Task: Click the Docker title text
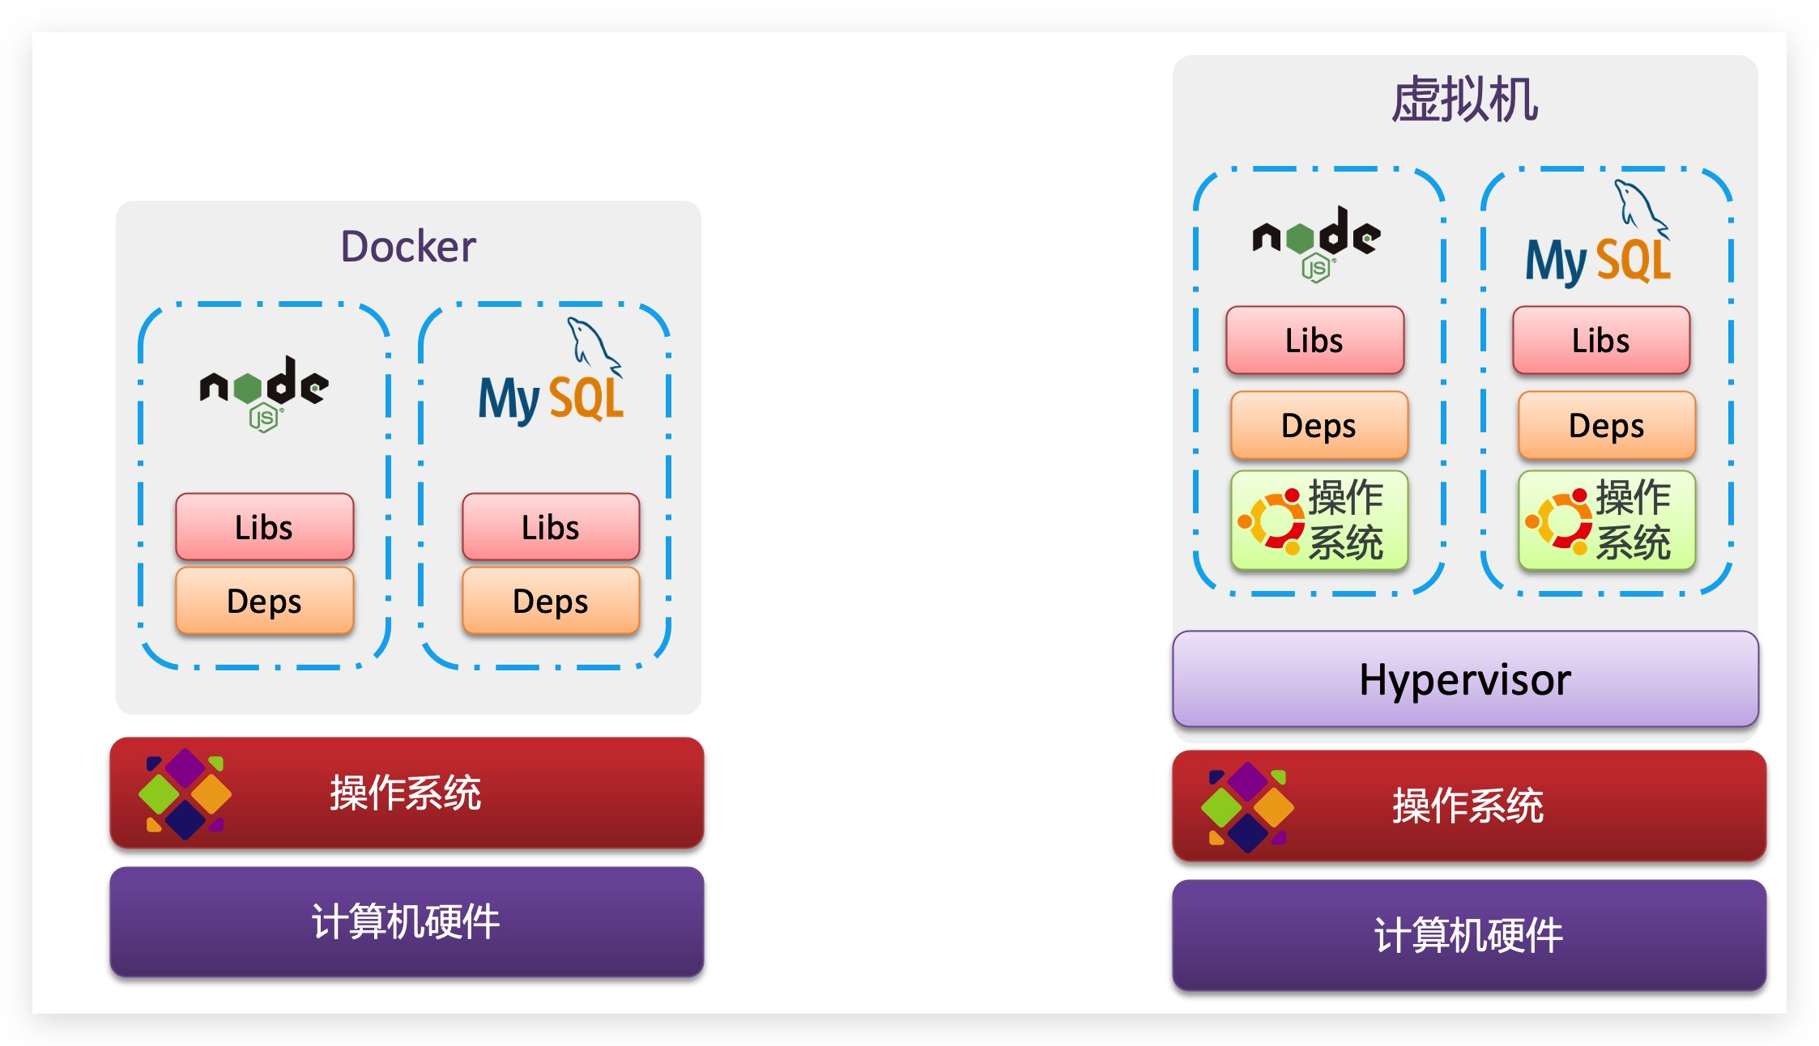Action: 407,246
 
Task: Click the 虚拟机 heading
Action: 1464,100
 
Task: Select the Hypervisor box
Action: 1464,679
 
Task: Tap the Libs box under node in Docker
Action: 264,527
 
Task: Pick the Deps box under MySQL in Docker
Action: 551,601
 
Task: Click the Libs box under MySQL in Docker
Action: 551,527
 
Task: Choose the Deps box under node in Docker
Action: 264,601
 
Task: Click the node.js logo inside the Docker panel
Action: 264,393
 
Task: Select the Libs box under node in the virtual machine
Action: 1314,340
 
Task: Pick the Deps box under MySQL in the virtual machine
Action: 1607,425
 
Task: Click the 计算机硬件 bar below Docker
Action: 407,921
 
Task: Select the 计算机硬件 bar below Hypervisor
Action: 1468,934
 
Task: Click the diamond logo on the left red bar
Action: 185,793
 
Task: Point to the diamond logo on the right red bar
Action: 1247,806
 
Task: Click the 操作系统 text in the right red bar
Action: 1468,806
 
